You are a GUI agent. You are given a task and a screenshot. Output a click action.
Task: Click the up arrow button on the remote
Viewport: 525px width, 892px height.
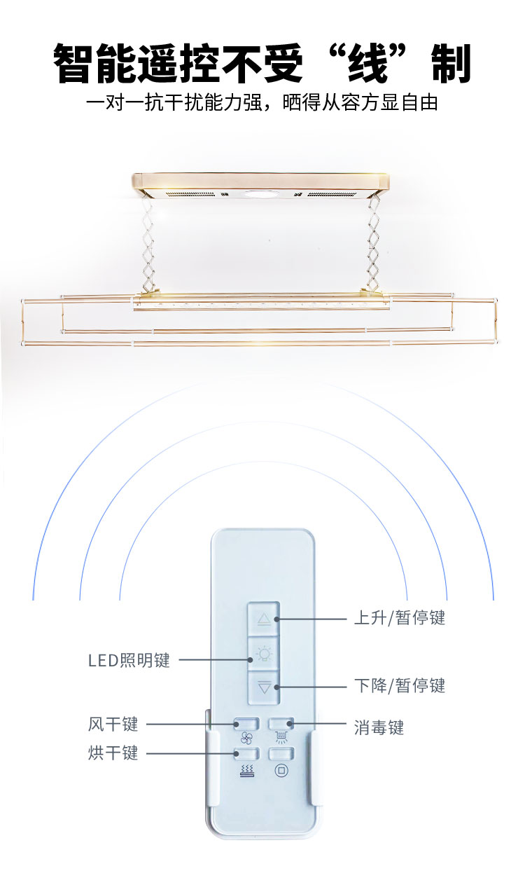click(263, 619)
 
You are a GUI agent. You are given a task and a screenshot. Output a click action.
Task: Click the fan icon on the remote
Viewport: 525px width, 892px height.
click(246, 738)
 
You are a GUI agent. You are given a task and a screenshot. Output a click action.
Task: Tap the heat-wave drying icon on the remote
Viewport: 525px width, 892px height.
click(246, 770)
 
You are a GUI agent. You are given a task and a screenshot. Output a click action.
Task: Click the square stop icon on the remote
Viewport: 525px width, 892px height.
click(281, 770)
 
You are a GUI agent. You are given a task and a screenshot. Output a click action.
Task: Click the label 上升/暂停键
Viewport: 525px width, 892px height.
click(399, 618)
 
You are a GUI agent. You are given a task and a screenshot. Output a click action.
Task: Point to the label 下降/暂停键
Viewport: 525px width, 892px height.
click(399, 685)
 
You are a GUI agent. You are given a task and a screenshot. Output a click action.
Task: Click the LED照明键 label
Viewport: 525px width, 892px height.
click(129, 661)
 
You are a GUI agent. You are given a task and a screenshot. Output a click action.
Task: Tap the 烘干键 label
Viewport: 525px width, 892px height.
click(113, 753)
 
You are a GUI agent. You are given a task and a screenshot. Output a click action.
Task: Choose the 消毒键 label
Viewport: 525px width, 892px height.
click(379, 728)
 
